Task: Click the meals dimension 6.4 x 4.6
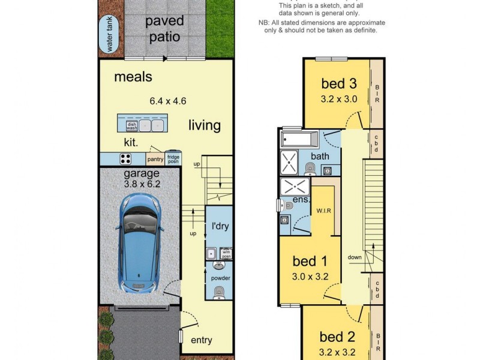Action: click(x=168, y=102)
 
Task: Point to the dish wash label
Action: click(x=131, y=126)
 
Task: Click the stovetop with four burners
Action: click(x=126, y=159)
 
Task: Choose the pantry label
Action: click(x=155, y=159)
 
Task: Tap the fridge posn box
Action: click(x=173, y=158)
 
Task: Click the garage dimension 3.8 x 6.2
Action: click(x=142, y=185)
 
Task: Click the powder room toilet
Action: click(x=220, y=292)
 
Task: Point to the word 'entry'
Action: click(x=201, y=340)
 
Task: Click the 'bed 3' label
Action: click(x=339, y=83)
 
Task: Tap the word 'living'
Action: click(x=205, y=125)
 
